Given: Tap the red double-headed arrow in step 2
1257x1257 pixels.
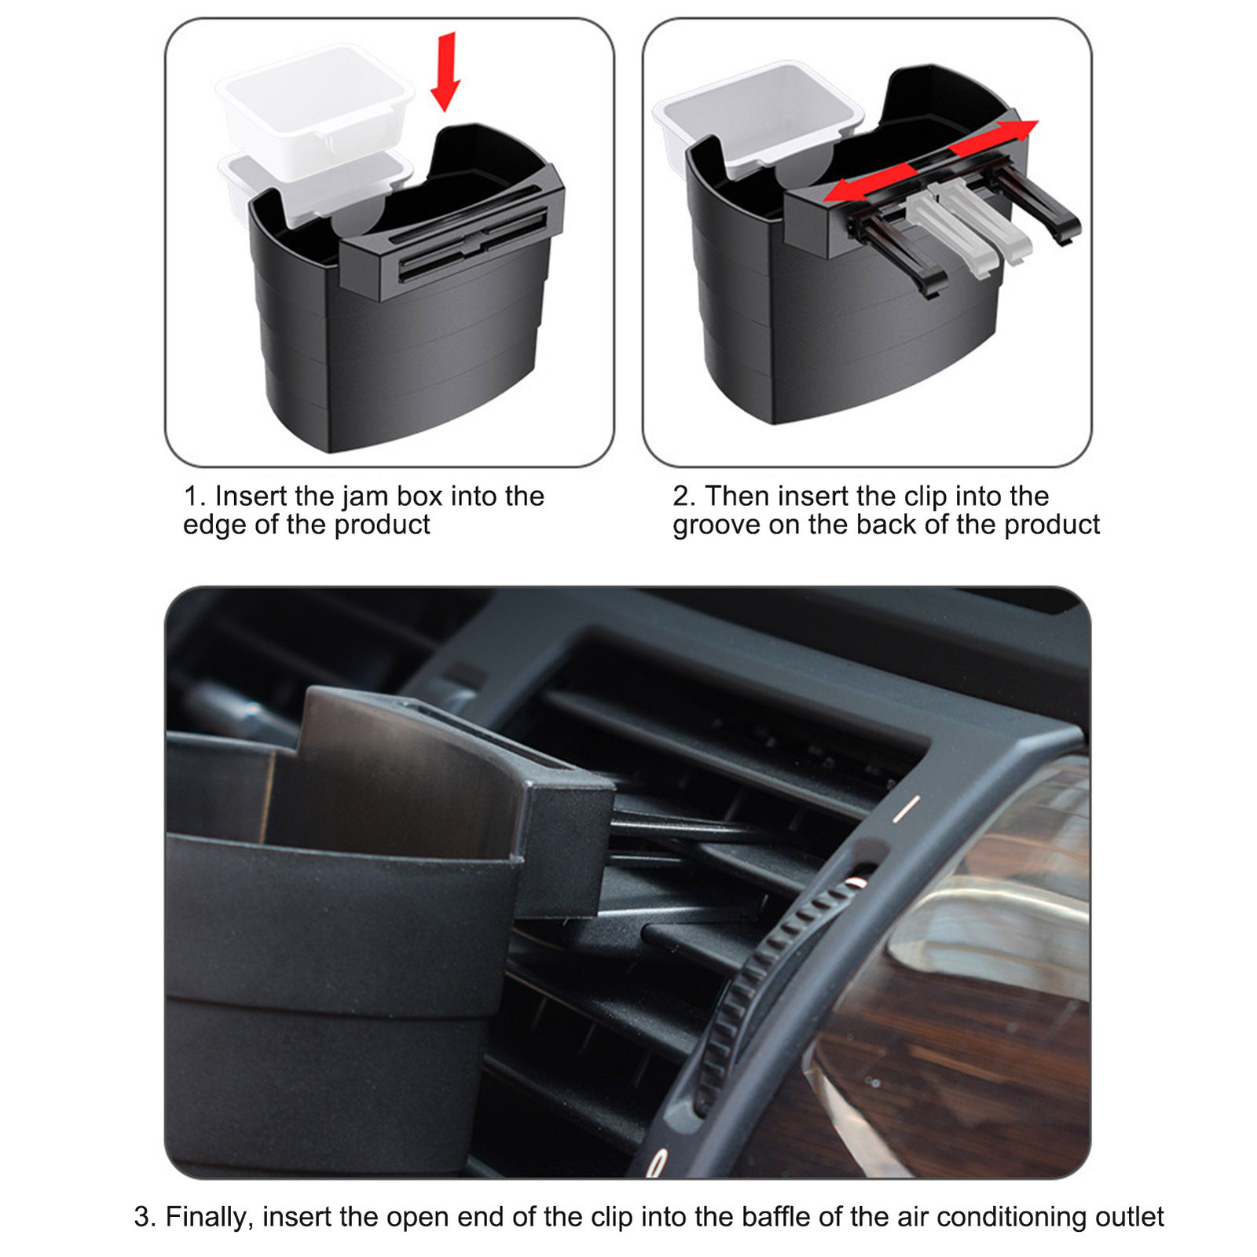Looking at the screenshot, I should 931,162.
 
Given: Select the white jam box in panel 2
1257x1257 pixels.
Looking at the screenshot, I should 758,114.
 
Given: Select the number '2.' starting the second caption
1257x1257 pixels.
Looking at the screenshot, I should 683,497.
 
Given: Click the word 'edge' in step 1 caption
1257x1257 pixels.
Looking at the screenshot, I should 213,525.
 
